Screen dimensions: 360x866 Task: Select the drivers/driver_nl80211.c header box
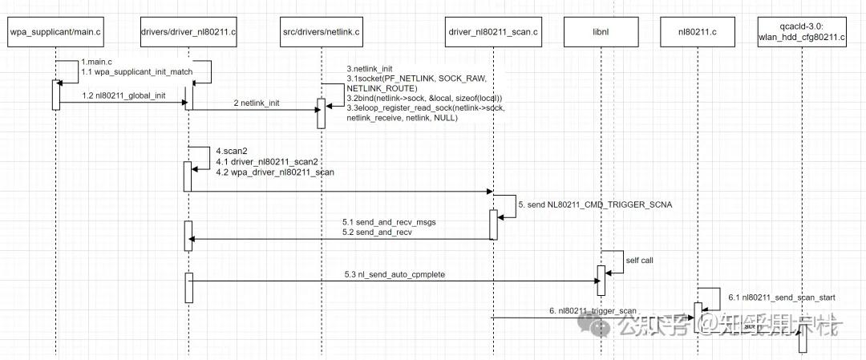point(188,33)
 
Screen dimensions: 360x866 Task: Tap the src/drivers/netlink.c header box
point(321,33)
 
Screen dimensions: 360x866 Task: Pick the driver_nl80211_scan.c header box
point(492,33)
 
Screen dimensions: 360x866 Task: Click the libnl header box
point(600,33)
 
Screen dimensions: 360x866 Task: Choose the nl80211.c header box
point(696,33)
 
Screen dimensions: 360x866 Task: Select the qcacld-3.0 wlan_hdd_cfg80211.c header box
point(802,33)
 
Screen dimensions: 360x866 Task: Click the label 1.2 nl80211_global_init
point(123,95)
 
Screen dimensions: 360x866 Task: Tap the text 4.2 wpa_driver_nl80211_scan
point(274,172)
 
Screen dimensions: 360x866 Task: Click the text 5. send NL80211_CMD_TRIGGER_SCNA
point(595,204)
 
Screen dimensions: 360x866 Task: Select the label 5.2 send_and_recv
point(378,232)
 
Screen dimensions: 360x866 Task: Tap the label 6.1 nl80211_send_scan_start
point(781,297)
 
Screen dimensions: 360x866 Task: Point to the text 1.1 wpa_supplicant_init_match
point(136,72)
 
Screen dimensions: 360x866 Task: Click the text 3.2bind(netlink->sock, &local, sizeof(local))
point(425,98)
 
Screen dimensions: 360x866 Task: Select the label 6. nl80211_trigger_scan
point(593,310)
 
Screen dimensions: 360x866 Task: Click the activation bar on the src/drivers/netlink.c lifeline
point(321,113)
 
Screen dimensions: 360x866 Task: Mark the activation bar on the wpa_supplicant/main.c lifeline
point(55,95)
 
